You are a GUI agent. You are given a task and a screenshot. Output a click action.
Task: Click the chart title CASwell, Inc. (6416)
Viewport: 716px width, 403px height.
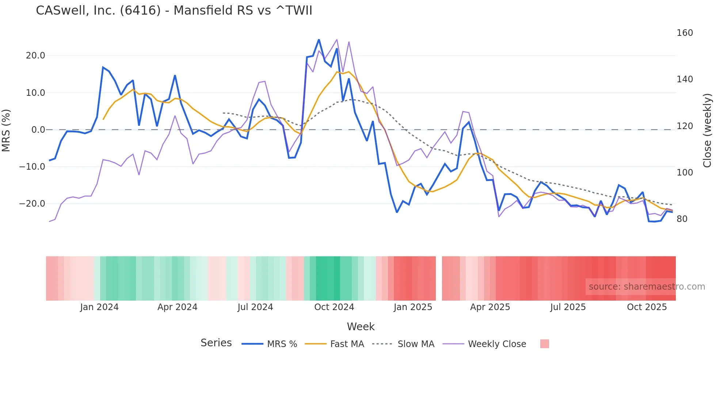pos(174,11)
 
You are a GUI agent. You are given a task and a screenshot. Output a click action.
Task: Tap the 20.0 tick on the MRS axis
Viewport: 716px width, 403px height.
pos(35,56)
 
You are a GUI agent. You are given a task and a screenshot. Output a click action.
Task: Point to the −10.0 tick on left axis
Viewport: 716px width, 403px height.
pos(32,167)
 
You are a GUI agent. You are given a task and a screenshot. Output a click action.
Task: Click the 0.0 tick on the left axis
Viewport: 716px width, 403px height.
pos(38,130)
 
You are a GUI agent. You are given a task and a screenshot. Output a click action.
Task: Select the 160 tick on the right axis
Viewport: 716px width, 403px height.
pos(685,33)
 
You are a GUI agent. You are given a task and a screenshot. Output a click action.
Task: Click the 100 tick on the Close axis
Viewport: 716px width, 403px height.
pos(685,173)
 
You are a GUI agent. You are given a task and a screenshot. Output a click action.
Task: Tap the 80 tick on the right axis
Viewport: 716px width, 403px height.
pos(682,219)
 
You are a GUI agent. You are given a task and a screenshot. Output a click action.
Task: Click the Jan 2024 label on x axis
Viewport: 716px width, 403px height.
pos(99,307)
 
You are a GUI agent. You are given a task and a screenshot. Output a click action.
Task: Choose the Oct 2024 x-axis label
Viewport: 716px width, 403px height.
pos(334,307)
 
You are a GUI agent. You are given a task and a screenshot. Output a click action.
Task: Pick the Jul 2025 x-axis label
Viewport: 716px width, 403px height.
pos(568,307)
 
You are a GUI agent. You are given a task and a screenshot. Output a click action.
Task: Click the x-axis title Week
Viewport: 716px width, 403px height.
pos(361,327)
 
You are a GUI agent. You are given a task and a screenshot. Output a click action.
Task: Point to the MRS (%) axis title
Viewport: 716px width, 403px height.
pos(6,130)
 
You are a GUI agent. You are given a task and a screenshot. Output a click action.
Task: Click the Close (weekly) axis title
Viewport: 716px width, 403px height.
pos(707,130)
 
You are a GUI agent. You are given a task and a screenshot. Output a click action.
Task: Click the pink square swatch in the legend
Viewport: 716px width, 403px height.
pos(544,344)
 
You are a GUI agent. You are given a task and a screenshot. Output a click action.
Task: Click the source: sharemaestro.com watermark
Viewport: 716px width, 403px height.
pos(647,287)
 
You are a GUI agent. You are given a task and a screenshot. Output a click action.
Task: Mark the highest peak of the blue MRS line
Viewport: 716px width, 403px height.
pos(319,39)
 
